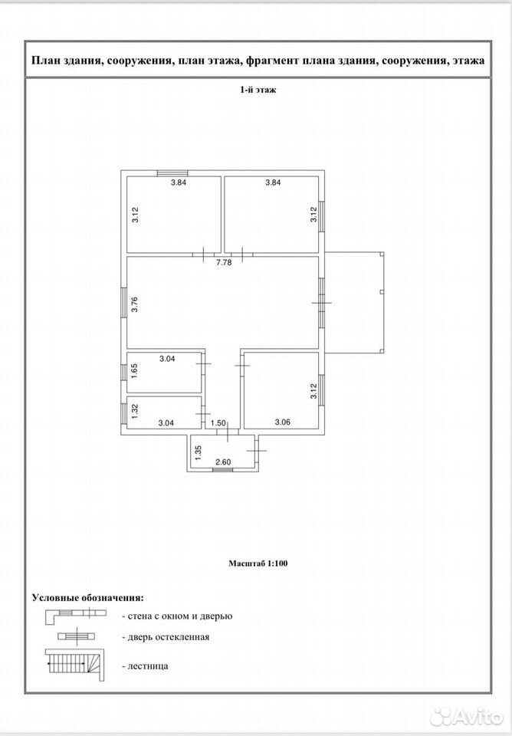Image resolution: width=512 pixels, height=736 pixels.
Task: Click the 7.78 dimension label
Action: point(224,263)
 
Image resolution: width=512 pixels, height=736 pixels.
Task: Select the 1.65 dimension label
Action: point(134,371)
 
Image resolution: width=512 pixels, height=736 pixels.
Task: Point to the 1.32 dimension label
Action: point(134,412)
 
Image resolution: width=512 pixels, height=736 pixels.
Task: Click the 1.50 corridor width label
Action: point(218,423)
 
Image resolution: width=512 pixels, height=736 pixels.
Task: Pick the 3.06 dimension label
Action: point(283,422)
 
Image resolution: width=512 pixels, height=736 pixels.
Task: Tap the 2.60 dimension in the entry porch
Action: point(223,462)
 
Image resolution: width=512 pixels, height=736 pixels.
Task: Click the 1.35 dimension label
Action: point(198,452)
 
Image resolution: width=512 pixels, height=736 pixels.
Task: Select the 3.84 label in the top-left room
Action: point(179,182)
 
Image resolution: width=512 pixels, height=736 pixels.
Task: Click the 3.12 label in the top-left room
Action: point(135,215)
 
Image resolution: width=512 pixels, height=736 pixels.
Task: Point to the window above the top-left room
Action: point(172,173)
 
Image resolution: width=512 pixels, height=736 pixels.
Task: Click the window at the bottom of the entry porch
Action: point(222,470)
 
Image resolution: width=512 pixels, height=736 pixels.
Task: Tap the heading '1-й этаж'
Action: point(258,90)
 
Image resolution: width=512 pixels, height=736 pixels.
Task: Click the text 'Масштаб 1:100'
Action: point(258,563)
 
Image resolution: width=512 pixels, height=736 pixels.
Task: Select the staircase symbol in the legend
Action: point(75,665)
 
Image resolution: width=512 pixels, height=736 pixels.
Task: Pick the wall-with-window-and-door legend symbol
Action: point(76,616)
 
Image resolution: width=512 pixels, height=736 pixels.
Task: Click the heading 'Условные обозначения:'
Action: point(88,598)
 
